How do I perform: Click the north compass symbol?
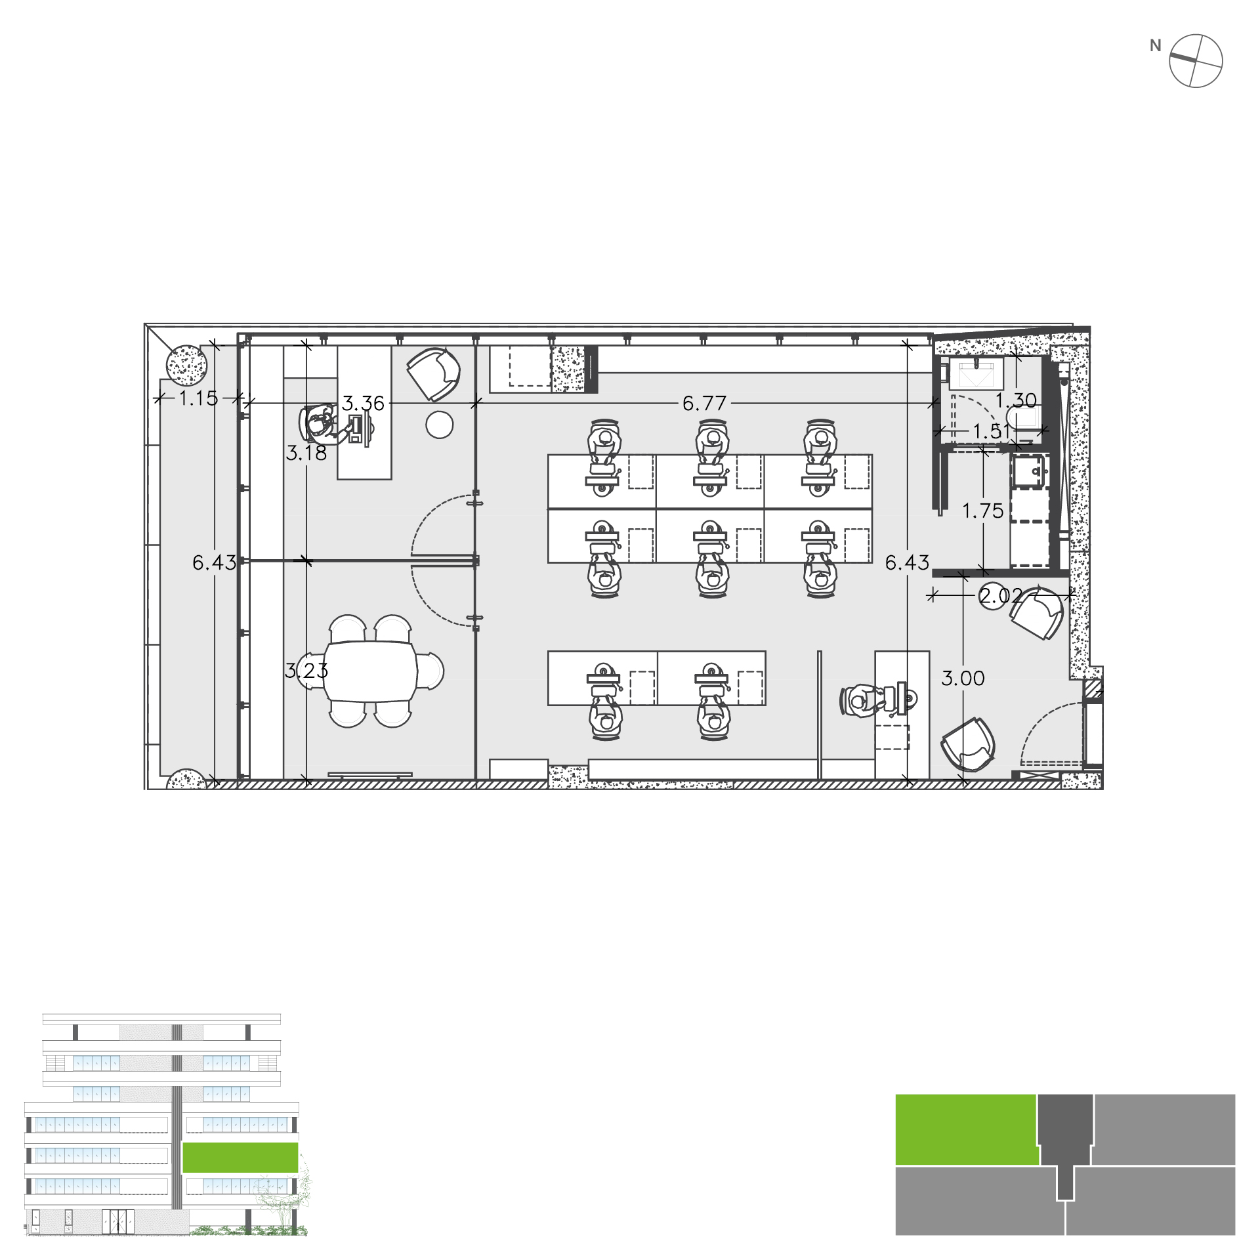click(1196, 61)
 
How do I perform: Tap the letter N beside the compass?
click(1156, 46)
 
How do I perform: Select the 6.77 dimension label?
click(705, 403)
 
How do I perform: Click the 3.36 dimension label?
click(363, 403)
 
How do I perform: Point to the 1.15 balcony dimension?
click(198, 398)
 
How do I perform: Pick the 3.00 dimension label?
click(963, 678)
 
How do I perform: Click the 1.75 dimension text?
click(982, 511)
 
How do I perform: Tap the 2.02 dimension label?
click(1001, 596)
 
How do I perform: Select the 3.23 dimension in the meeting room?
click(306, 671)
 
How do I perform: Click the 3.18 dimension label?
click(306, 453)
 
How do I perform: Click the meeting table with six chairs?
click(370, 671)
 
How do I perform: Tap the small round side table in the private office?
click(439, 425)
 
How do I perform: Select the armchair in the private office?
click(433, 373)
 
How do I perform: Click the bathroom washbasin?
click(976, 373)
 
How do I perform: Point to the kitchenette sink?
click(1030, 472)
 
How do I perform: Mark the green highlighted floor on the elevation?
click(240, 1157)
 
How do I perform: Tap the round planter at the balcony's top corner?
click(186, 366)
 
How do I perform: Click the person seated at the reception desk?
click(865, 700)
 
